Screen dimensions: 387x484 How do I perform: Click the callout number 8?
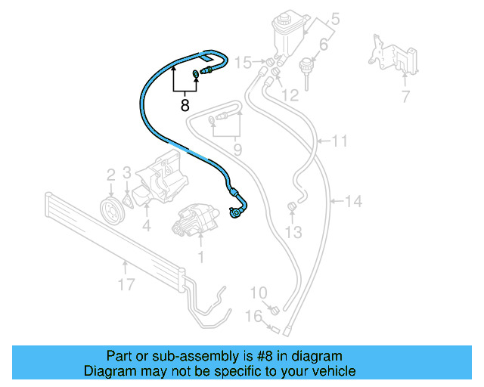click(185, 106)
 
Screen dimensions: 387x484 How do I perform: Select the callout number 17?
click(126, 284)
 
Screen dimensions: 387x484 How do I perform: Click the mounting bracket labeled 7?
click(392, 55)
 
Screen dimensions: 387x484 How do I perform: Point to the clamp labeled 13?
click(291, 208)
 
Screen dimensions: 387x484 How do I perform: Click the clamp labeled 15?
click(267, 61)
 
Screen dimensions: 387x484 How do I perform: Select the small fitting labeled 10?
click(275, 308)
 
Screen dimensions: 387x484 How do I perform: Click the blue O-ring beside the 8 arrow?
click(197, 73)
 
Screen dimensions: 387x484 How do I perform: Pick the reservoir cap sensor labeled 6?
click(308, 67)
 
